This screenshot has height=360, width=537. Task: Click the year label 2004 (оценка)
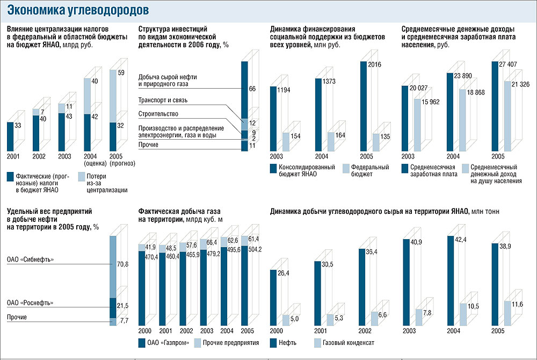[x=95, y=160]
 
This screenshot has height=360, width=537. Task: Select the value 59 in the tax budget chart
[x=121, y=72]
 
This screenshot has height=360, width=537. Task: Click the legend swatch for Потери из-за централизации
[x=81, y=176]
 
